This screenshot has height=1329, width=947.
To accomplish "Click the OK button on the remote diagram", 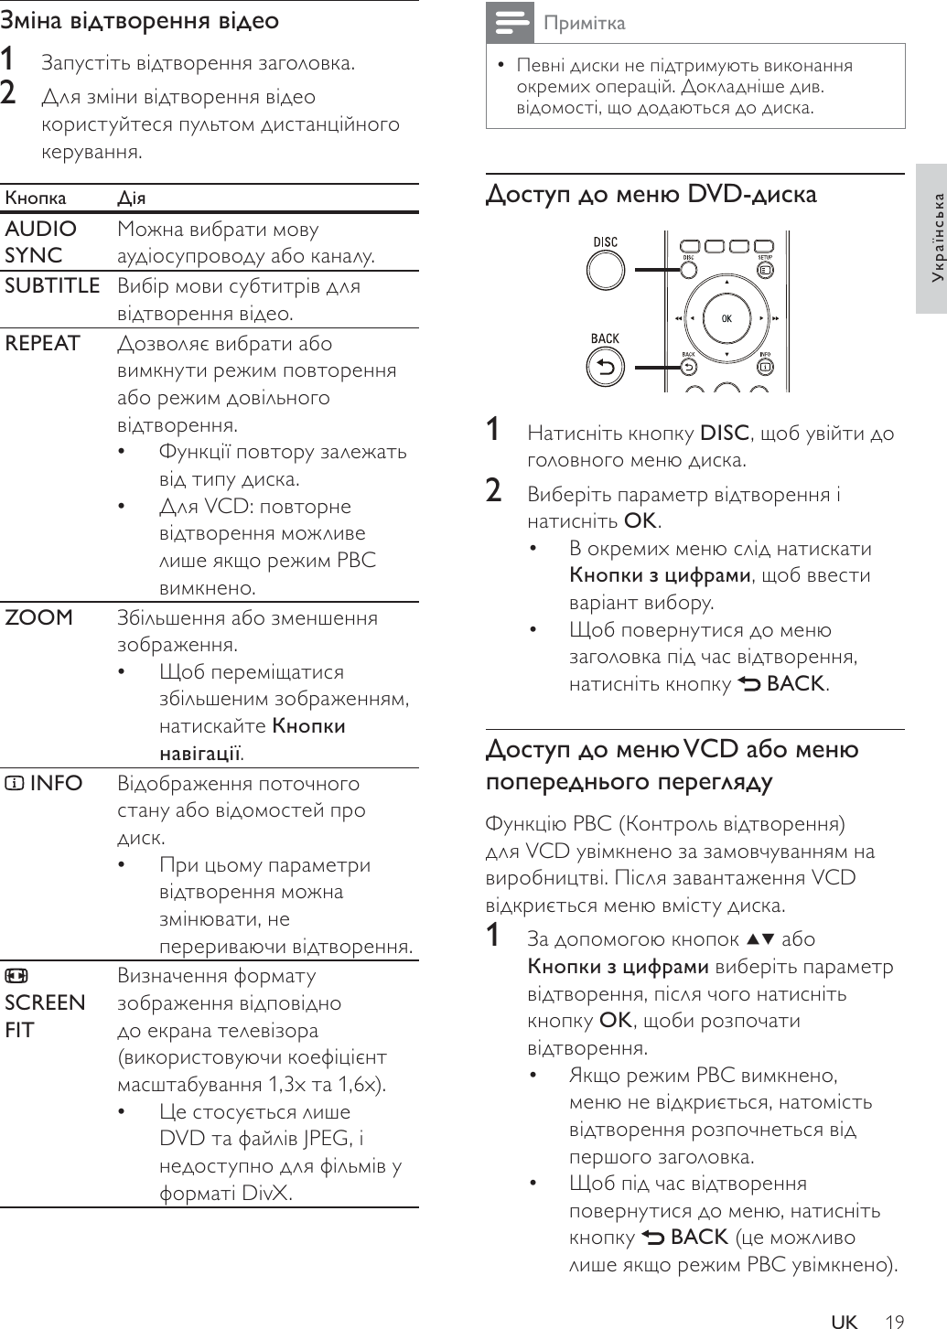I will click(726, 318).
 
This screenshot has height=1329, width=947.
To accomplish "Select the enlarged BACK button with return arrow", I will click(605, 368).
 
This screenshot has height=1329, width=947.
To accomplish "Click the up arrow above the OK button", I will click(726, 283).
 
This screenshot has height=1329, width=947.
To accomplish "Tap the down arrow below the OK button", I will click(726, 353).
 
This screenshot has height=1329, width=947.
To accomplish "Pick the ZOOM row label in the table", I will click(39, 617).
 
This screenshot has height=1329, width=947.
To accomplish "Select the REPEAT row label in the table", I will click(43, 343).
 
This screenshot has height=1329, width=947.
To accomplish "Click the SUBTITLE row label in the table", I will click(52, 285).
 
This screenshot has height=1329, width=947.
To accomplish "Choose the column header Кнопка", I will click(36, 198).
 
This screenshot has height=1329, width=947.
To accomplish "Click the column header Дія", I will click(132, 198).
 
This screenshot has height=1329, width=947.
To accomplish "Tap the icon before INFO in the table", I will click(15, 784).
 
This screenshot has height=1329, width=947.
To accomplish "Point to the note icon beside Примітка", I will click(510, 23).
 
